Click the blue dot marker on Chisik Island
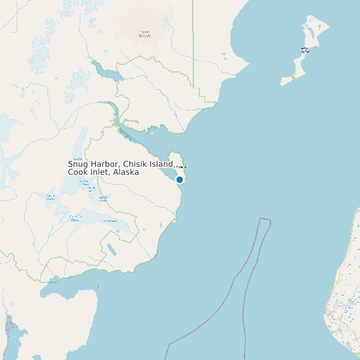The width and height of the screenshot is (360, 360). [x=179, y=179]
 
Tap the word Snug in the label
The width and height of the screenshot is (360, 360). [x=78, y=165]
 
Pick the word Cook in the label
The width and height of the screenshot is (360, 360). [x=78, y=172]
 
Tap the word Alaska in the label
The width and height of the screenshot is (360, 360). [x=126, y=172]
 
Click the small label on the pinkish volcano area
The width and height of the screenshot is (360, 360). [x=144, y=34]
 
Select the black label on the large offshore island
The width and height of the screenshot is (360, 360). [x=305, y=49]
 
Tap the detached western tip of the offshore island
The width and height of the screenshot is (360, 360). [x=284, y=82]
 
